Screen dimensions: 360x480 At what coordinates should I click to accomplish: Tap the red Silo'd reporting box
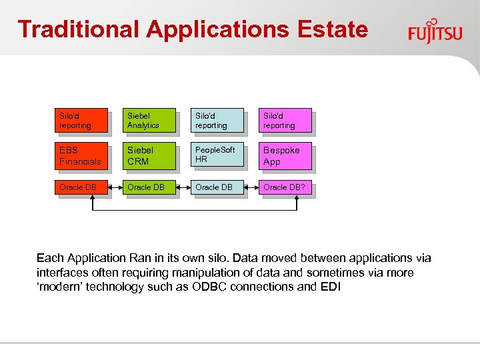pyautogui.click(x=81, y=121)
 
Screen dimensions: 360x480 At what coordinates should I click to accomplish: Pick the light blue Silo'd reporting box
pyautogui.click(x=217, y=121)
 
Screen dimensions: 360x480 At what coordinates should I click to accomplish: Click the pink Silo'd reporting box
pyautogui.click(x=285, y=121)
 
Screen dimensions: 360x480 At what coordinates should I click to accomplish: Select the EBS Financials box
pyautogui.click(x=81, y=155)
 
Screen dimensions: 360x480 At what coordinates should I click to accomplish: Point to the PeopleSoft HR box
pyautogui.click(x=217, y=155)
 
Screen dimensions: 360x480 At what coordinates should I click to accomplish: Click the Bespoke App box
pyautogui.click(x=285, y=155)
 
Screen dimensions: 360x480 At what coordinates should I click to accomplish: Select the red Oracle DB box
pyautogui.click(x=81, y=187)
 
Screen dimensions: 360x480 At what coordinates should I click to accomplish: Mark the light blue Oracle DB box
pyautogui.click(x=217, y=187)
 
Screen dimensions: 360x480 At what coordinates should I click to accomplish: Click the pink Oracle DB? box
pyautogui.click(x=285, y=187)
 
